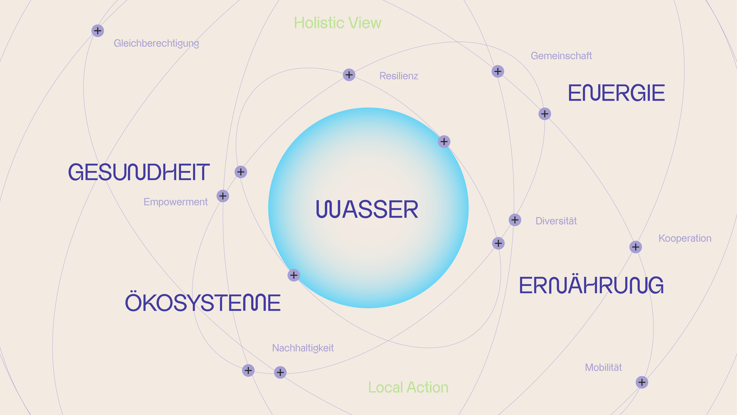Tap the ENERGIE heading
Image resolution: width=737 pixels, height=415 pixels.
click(x=616, y=93)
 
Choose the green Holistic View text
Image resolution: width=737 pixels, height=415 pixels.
click(x=338, y=23)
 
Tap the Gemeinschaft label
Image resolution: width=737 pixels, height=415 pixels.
click(x=561, y=56)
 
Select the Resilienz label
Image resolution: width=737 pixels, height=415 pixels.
click(x=398, y=76)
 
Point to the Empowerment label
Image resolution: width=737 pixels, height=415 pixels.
click(x=175, y=202)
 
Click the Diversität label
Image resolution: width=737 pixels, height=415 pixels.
click(x=556, y=221)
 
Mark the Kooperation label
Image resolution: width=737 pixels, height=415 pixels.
click(x=685, y=238)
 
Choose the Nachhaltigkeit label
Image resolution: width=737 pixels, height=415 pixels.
click(x=303, y=348)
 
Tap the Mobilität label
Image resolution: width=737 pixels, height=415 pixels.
click(x=603, y=367)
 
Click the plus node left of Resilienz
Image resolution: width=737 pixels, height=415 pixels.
click(x=349, y=75)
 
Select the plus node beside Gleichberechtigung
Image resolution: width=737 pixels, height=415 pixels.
click(x=98, y=31)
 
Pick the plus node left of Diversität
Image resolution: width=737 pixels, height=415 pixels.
click(x=515, y=220)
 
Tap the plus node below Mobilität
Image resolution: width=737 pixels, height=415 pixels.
click(x=642, y=382)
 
